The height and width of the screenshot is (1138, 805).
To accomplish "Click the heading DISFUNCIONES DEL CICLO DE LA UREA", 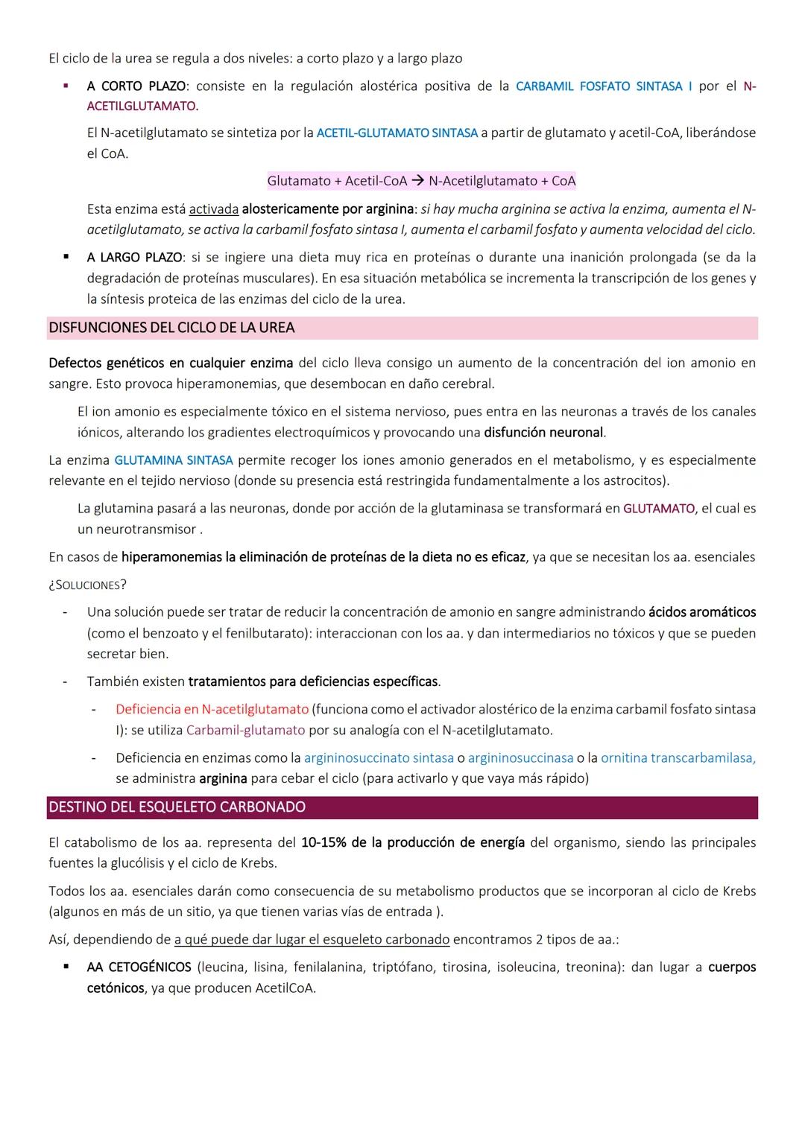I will point(171,328).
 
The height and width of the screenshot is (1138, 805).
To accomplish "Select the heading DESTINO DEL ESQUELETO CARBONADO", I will point(177,807).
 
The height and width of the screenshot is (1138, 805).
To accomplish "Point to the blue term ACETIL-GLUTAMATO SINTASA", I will point(397,133).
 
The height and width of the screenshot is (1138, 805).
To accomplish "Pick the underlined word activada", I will point(214,209).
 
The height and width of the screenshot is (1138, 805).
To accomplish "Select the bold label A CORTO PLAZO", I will point(136,86).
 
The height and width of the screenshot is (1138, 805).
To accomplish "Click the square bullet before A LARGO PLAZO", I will point(66,258).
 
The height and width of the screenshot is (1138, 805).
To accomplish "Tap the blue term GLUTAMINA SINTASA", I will point(173,460).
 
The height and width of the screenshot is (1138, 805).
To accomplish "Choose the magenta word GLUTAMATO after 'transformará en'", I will point(658,509).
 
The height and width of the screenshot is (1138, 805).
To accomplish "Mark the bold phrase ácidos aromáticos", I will point(701,612).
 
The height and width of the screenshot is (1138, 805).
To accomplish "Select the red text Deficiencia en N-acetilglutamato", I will point(212,710).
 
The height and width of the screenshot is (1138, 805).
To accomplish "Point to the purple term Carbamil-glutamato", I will point(245,731).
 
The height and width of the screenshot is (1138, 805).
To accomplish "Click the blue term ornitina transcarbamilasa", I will point(678,758).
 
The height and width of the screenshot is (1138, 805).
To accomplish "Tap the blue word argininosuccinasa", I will point(520,758).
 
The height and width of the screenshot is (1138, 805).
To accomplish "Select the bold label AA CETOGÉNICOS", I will point(139,967).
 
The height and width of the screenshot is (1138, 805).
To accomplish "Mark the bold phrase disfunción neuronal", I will point(543,433).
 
